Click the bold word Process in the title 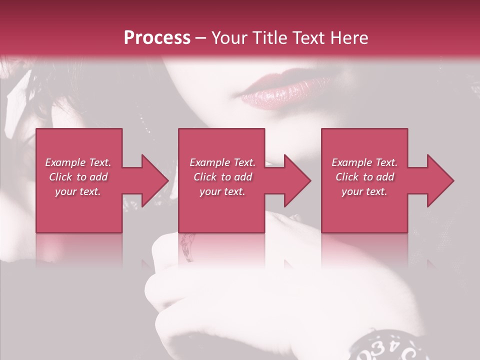[x=157, y=38]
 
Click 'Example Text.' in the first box [x=78, y=162]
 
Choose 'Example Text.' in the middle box [x=222, y=162]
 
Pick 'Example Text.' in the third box [x=364, y=162]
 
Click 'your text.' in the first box [x=78, y=191]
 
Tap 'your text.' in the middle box [x=222, y=191]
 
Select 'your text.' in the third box [x=364, y=191]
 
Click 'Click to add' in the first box [x=78, y=177]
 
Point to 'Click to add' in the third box [x=364, y=177]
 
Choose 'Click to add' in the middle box [x=222, y=177]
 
